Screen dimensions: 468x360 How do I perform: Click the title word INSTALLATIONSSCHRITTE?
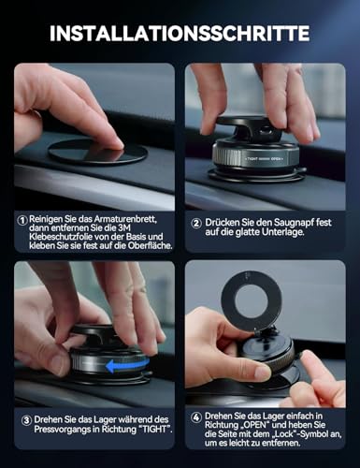pyautogui.click(x=180, y=33)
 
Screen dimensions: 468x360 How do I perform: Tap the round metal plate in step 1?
pyautogui.click(x=97, y=152)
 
